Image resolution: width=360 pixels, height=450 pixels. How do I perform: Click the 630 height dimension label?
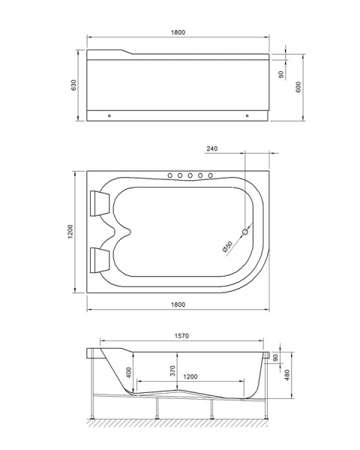pyautogui.click(x=73, y=85)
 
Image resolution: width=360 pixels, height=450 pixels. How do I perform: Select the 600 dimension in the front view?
pyautogui.click(x=299, y=85)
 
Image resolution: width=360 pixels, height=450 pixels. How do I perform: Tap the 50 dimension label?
pyautogui.click(x=281, y=75)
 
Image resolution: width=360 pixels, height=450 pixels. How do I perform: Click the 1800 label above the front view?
pyautogui.click(x=178, y=33)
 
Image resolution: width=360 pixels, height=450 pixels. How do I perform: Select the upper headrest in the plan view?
pyautogui.click(x=100, y=201)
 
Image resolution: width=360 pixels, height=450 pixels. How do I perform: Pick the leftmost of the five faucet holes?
pyautogui.click(x=169, y=175)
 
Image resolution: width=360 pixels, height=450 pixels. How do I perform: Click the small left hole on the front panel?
pyautogui.click(x=110, y=116)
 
